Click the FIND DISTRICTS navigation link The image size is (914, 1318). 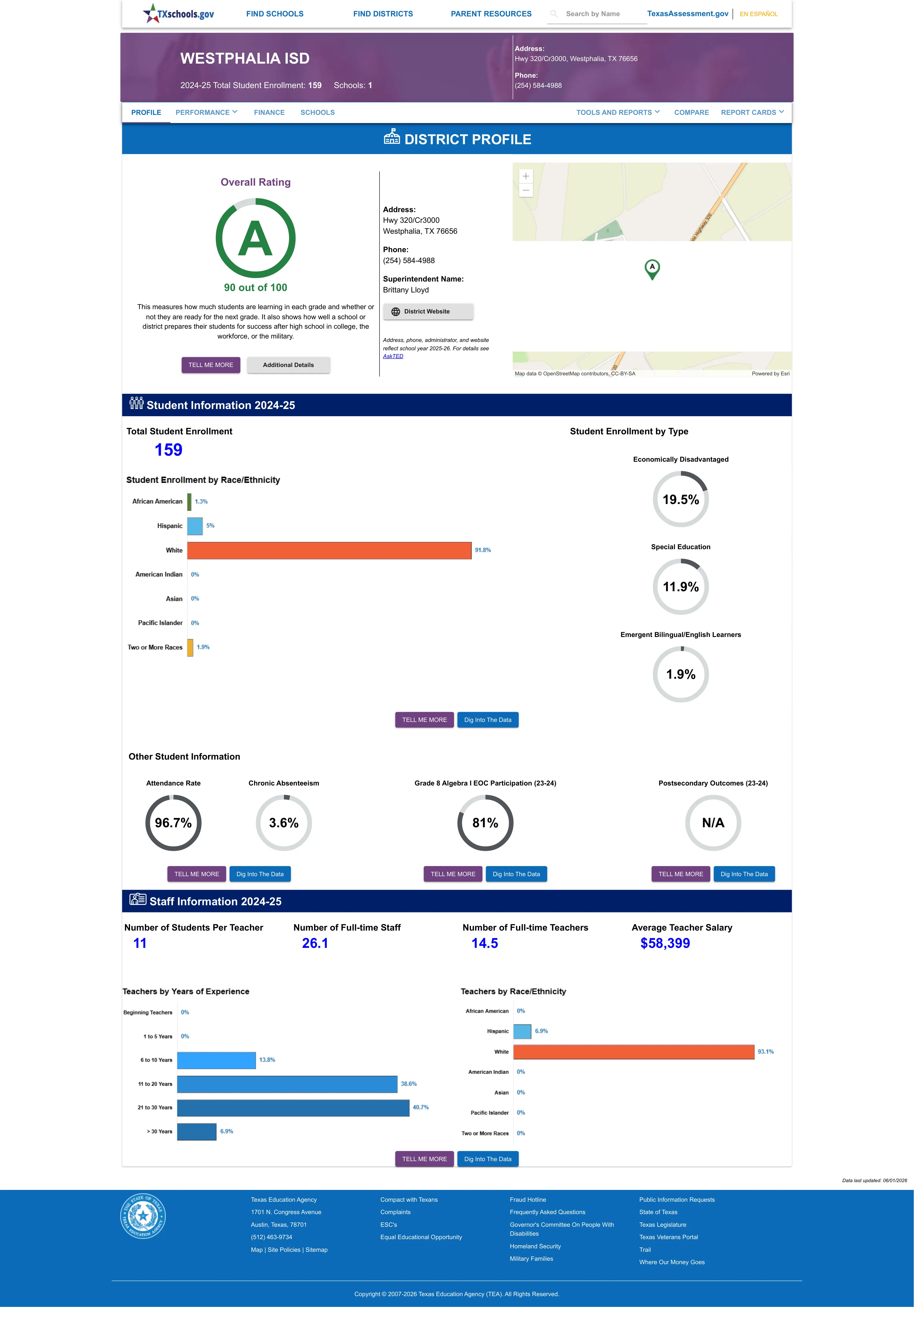coord(383,14)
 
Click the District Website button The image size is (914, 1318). coord(428,312)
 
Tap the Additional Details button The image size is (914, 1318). coord(288,365)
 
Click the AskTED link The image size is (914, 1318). coord(393,356)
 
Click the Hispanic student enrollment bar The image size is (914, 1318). coord(195,526)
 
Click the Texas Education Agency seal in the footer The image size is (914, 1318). coord(143,1216)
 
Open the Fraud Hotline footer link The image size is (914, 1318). coord(527,1199)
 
